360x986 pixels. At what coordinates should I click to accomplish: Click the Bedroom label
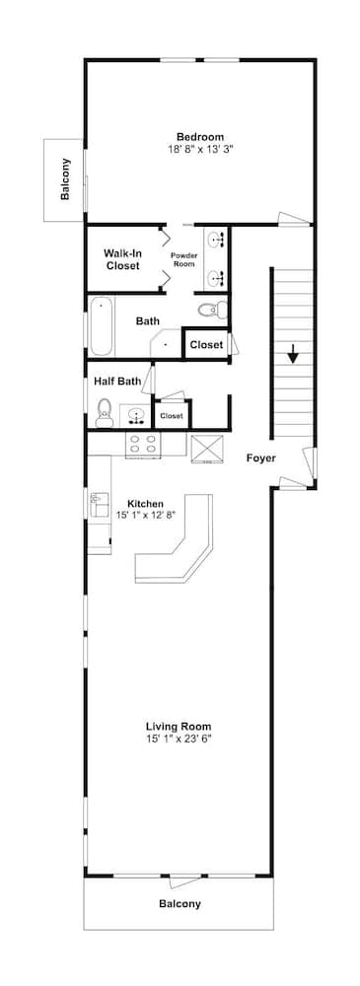[x=200, y=137]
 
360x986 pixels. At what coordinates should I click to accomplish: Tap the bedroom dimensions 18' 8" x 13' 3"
[x=200, y=149]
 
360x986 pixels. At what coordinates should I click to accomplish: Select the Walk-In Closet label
[x=123, y=259]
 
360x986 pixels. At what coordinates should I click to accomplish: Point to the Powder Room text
[x=184, y=259]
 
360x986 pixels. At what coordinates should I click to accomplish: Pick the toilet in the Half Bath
[x=104, y=411]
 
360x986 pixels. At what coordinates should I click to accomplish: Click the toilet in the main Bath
[x=210, y=311]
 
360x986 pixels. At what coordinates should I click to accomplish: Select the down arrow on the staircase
[x=293, y=354]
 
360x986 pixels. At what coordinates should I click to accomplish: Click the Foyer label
[x=261, y=458]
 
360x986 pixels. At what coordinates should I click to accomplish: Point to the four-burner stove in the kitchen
[x=143, y=446]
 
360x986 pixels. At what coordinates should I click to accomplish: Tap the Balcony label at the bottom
[x=180, y=903]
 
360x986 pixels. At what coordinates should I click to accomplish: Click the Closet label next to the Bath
[x=206, y=344]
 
